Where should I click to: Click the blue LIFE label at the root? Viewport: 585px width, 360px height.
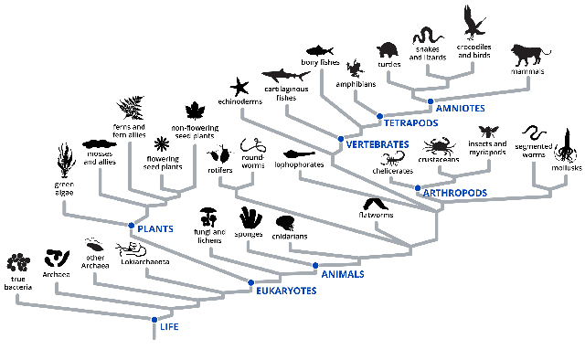(169, 326)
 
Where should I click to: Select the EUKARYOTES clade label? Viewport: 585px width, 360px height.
(285, 291)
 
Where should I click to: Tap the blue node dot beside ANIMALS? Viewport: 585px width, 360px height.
(315, 266)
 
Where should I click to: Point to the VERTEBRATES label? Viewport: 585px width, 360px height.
(376, 144)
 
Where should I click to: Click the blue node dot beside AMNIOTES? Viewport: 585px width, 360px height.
(430, 101)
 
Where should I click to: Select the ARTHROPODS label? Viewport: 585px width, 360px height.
(454, 193)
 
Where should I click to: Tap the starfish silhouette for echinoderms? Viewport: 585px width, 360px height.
(240, 88)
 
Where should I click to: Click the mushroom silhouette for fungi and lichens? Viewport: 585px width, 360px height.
(208, 217)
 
